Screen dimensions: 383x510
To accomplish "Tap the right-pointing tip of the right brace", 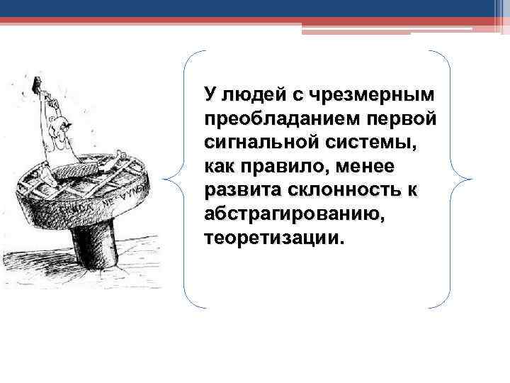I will click(469, 179).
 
